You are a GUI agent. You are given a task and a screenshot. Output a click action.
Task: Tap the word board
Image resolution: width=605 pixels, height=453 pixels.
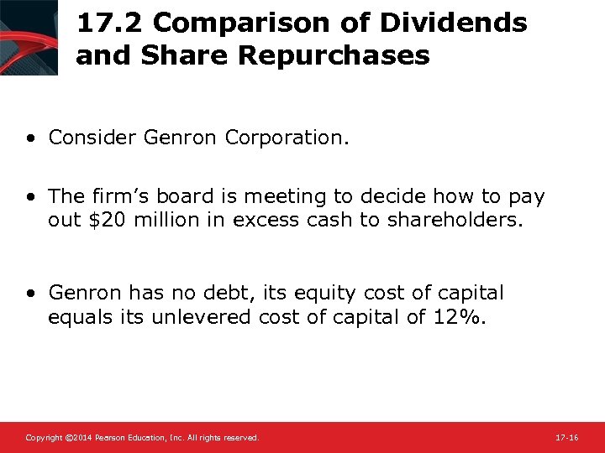pyautogui.click(x=204, y=196)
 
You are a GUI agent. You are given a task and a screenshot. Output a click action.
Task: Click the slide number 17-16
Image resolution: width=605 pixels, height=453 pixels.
pyautogui.click(x=567, y=438)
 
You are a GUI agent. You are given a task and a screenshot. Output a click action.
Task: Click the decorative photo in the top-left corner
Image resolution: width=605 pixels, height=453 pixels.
pyautogui.click(x=29, y=38)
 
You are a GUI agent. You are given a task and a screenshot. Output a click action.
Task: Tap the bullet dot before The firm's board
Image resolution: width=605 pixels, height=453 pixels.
pyautogui.click(x=30, y=197)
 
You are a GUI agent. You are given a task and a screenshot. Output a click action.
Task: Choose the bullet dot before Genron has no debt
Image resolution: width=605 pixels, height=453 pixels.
pyautogui.click(x=30, y=294)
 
